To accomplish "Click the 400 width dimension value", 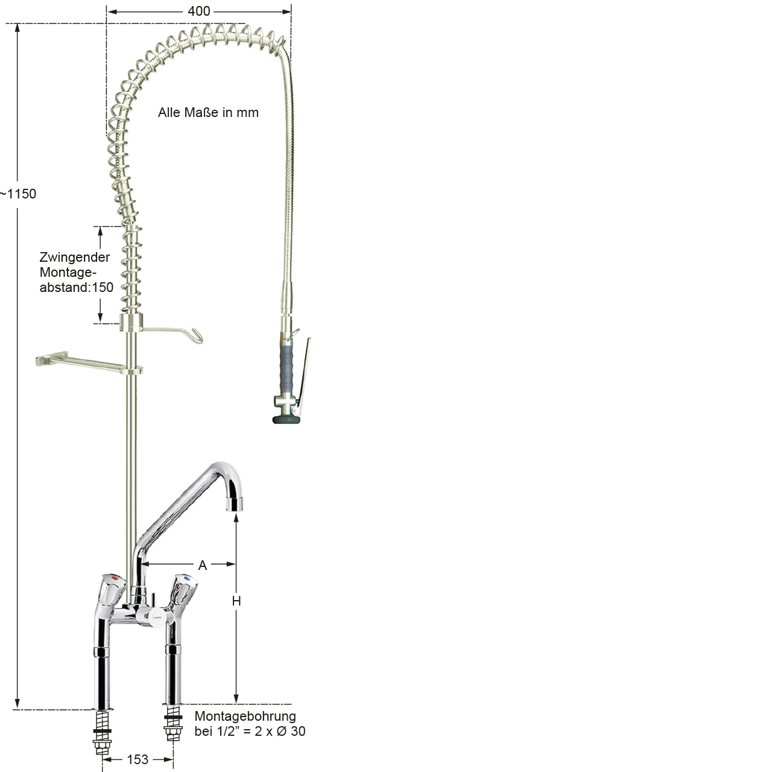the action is (198, 11).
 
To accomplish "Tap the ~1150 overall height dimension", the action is (17, 194).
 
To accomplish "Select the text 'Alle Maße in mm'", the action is (208, 113).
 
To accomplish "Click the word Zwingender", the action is (75, 257).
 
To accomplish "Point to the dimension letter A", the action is (202, 565).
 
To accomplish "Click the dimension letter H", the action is (236, 601).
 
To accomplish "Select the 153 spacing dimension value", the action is (138, 759).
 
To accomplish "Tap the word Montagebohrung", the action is (245, 716).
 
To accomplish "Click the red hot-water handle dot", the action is (116, 579).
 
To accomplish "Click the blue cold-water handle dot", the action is (186, 578).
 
